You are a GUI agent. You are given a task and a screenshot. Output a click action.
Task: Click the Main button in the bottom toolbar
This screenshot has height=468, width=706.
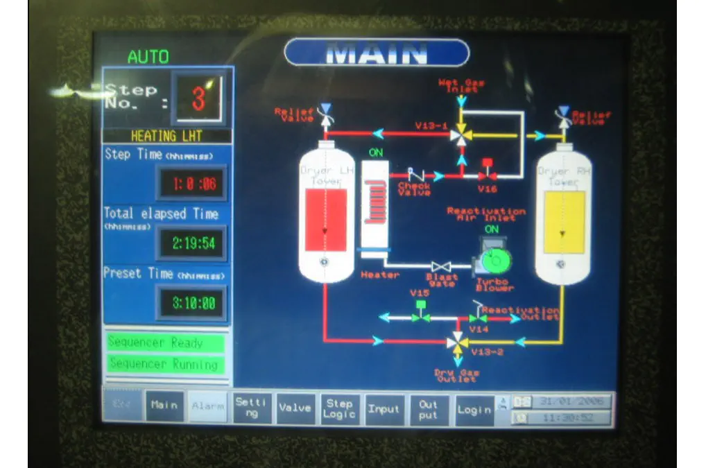164,406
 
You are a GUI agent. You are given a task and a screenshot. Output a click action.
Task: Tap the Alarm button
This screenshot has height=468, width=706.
208,406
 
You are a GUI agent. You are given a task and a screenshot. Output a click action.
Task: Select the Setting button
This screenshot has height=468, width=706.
252,407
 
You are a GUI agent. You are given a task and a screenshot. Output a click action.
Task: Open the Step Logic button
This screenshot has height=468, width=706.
339,408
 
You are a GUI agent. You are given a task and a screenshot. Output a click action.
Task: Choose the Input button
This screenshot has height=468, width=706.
384,409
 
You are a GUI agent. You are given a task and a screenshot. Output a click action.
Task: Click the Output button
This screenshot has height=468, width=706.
428,409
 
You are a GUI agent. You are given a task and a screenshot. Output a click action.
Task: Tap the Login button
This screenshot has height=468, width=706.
474,410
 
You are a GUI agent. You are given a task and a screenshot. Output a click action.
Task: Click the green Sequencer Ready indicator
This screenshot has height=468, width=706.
165,343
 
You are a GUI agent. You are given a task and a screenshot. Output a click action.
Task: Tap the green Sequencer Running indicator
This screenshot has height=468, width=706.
165,363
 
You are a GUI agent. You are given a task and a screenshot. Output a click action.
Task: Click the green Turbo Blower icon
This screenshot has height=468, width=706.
495,261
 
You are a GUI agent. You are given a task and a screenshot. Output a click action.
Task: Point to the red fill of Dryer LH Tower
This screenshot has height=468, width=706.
326,220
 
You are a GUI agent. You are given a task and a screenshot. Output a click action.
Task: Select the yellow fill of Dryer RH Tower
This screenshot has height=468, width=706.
564,223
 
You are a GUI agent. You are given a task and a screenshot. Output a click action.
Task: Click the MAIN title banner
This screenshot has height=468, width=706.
377,53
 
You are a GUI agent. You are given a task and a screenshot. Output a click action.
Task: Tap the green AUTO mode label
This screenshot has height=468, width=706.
148,57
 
